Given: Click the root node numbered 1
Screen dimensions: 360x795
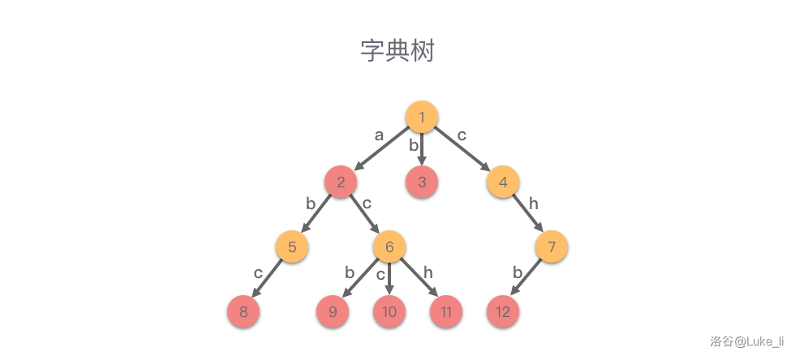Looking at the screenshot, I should coord(422,117).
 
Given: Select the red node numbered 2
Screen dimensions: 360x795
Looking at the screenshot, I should coord(341,182).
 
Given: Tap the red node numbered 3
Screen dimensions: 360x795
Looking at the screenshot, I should coord(422,182).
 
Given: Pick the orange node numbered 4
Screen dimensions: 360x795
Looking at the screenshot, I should coord(503,182).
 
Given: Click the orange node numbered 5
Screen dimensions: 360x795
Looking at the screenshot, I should coord(292,246).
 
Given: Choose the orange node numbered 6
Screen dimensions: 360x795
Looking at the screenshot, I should coord(389,246).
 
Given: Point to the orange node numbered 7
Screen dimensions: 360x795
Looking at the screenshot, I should coord(552,246).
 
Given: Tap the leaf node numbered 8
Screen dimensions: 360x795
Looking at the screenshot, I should coord(243,311).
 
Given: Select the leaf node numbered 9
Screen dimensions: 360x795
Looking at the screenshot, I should coord(333,311).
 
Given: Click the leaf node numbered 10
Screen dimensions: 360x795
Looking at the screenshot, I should coord(389,311).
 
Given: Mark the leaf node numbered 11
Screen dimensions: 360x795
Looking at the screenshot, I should coord(446,311).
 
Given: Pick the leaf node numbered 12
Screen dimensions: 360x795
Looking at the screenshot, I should coord(503,311).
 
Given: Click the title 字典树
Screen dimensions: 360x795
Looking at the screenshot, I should coord(397,50).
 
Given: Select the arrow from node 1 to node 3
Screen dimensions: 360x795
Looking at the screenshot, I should coord(422,151).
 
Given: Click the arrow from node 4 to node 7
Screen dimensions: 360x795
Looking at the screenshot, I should coord(527,214).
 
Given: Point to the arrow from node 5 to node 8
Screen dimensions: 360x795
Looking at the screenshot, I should coord(268,279).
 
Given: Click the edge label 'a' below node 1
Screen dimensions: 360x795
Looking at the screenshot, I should coord(379,135).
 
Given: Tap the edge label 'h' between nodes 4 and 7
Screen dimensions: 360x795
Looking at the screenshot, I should coord(533,204).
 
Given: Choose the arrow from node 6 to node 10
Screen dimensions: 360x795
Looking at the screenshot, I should coord(389,281).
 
